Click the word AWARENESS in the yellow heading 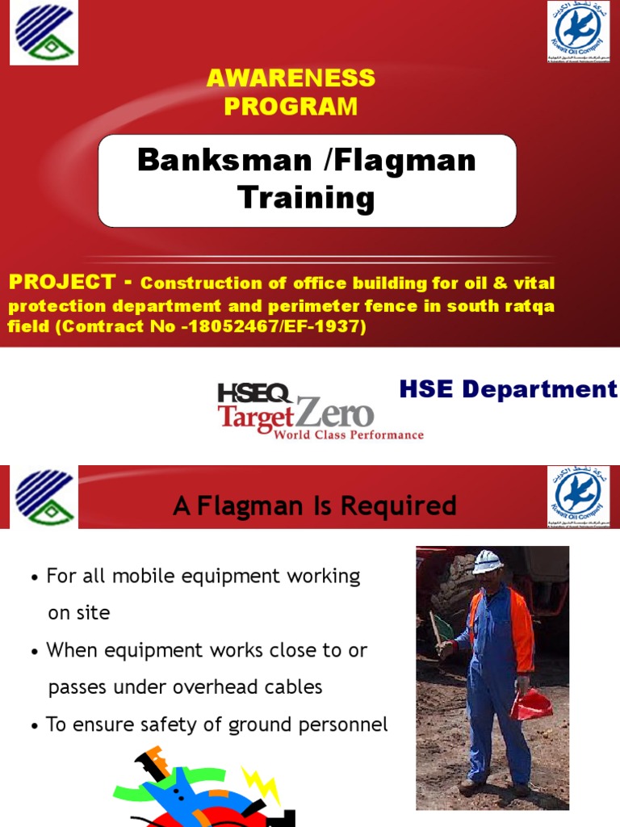tap(291, 78)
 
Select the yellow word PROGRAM tap(291, 106)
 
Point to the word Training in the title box tap(307, 198)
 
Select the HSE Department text tap(509, 390)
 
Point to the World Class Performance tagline tap(348, 435)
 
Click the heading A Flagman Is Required tap(315, 506)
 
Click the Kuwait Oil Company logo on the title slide tap(578, 32)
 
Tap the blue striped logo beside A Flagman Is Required tap(44, 497)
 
